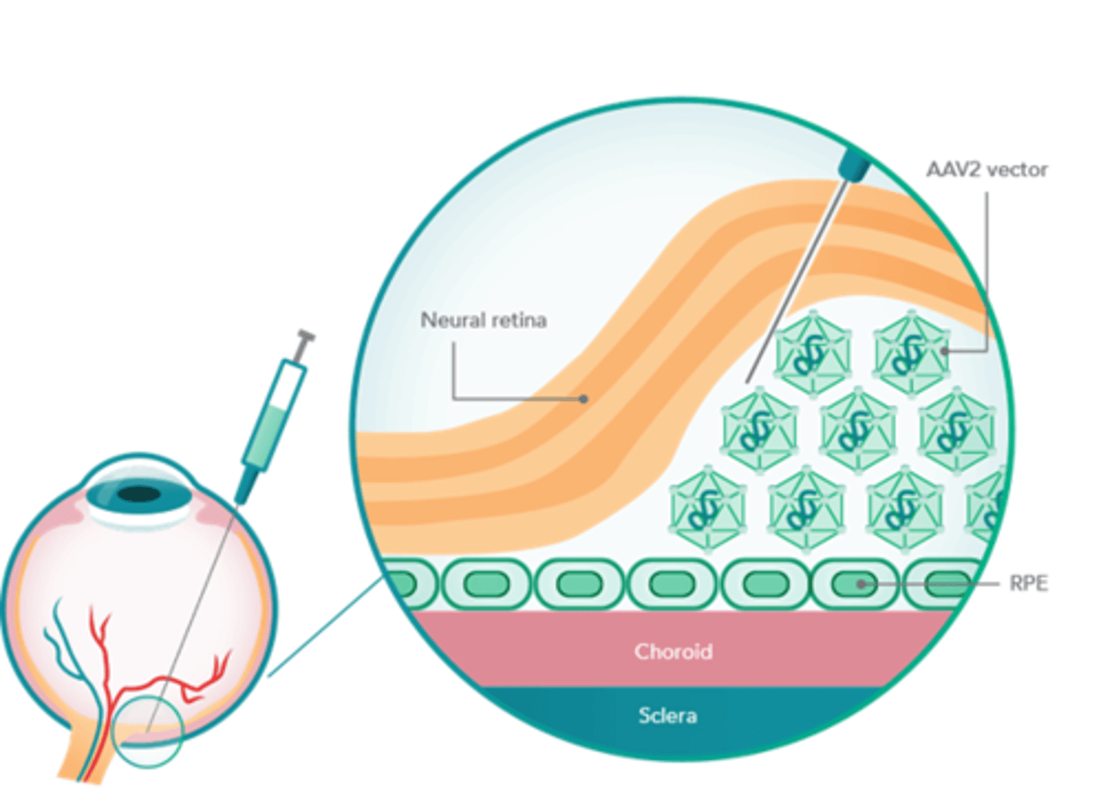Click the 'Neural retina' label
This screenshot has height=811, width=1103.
coord(483,319)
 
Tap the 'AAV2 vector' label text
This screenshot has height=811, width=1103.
coord(987,169)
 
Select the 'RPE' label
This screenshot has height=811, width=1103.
coord(1028,584)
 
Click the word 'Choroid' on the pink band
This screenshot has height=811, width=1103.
coord(673,652)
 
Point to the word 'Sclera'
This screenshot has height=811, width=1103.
coord(668,716)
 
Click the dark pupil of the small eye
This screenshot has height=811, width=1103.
coord(139,494)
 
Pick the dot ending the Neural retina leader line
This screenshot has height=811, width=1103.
coord(584,399)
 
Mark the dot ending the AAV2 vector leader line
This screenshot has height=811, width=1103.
coord(944,352)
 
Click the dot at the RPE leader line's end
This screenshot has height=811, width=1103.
coord(861,584)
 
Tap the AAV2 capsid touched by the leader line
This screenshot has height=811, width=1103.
coord(912,352)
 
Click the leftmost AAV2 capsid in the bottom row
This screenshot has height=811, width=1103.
coord(707,509)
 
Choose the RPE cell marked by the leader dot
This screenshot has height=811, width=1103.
coord(854,584)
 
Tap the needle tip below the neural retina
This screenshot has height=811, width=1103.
coord(748,381)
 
